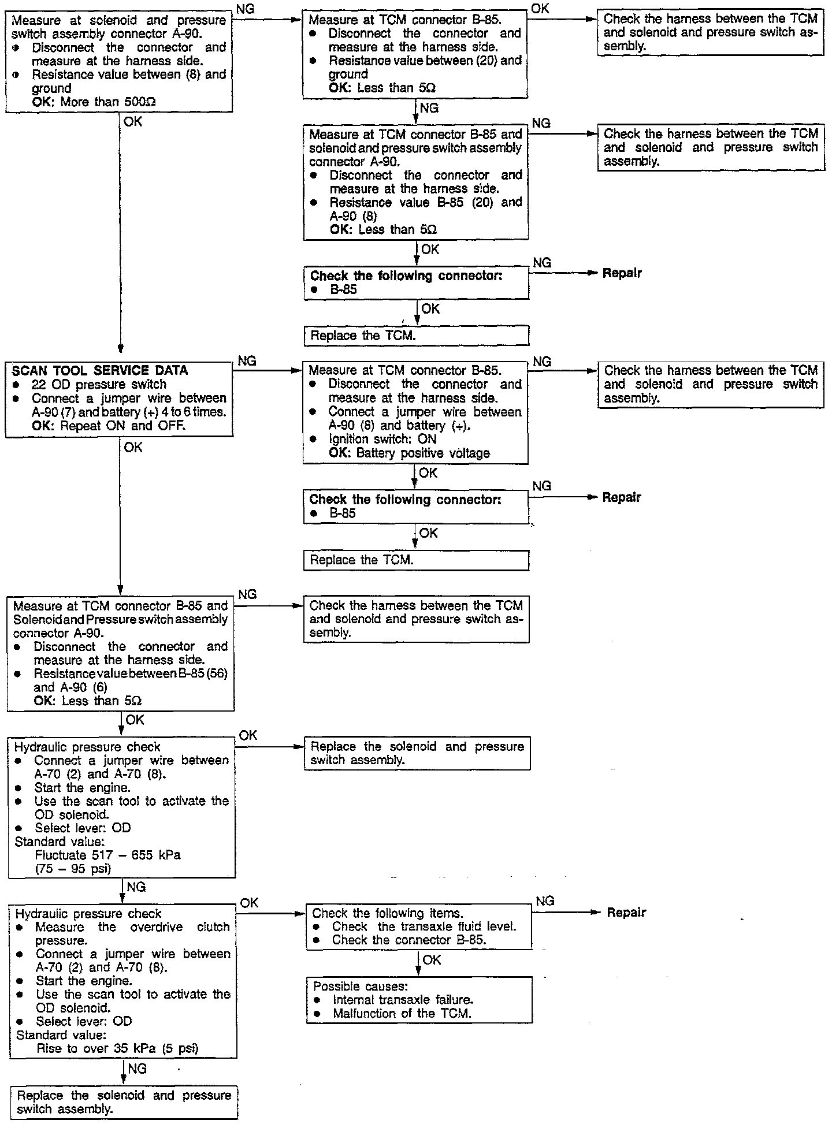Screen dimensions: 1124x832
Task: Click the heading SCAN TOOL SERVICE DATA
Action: point(99,371)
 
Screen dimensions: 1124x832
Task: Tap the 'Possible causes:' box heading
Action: point(352,986)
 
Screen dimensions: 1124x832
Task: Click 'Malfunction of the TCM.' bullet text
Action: point(402,1013)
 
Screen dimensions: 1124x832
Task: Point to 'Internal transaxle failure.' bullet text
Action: point(403,999)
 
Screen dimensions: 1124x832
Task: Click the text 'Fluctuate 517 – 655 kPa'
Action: point(107,855)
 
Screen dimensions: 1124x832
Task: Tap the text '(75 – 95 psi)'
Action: point(73,868)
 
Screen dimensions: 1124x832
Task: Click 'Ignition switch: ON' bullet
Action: point(382,439)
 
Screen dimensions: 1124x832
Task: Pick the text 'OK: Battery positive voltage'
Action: point(409,453)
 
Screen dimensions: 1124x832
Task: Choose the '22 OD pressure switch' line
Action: point(99,384)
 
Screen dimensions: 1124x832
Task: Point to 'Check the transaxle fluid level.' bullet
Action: point(424,926)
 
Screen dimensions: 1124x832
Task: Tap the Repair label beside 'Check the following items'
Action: point(626,913)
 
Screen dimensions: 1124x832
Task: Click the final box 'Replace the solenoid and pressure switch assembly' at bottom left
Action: point(124,1102)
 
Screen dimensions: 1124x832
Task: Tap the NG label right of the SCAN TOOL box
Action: point(247,361)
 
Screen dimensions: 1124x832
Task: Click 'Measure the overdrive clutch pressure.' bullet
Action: point(132,933)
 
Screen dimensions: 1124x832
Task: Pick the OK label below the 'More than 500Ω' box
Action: point(132,122)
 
